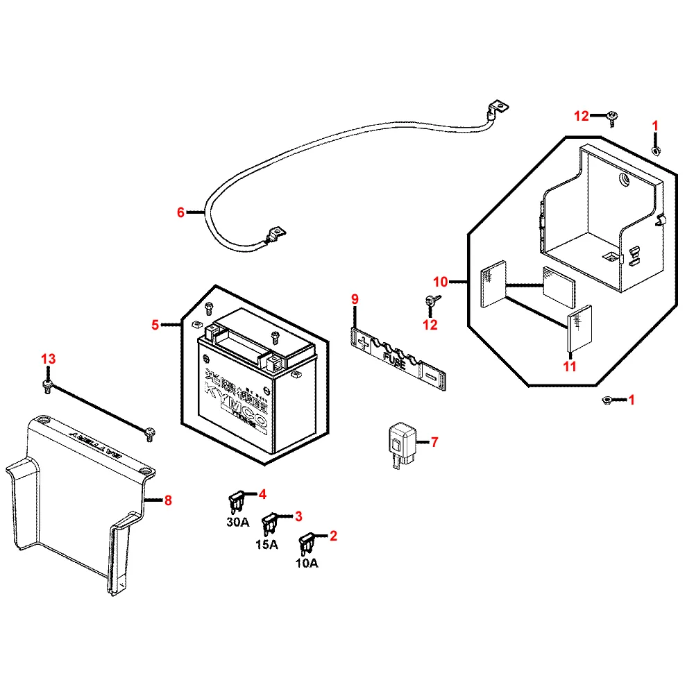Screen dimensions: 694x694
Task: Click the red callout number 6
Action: tap(181, 212)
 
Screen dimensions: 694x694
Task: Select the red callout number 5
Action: tap(156, 324)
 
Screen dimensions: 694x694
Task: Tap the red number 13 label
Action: tap(48, 359)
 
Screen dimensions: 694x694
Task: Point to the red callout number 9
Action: tap(355, 299)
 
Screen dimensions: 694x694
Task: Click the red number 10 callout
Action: tap(441, 282)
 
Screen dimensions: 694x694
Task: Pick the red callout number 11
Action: tap(570, 367)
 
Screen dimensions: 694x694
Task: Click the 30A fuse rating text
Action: tap(237, 523)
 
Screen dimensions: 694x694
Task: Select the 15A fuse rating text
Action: tap(266, 544)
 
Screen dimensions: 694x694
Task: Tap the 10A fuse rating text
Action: tap(306, 564)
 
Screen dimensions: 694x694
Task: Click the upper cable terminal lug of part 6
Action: tap(496, 108)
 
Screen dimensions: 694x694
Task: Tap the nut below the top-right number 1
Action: tap(656, 151)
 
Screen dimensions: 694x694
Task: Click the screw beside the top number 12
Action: tap(613, 118)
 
